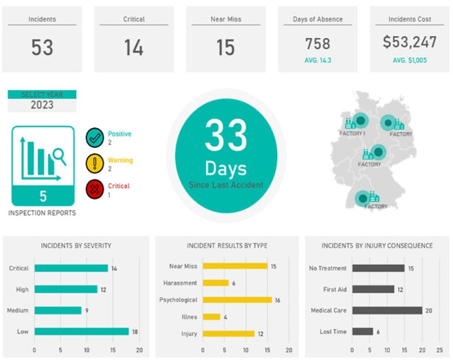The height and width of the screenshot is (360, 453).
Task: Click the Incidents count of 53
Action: (x=42, y=48)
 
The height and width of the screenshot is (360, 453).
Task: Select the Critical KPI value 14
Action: (x=133, y=48)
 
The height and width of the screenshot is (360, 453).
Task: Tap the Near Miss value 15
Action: (x=226, y=48)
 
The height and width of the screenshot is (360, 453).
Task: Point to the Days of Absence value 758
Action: (x=318, y=44)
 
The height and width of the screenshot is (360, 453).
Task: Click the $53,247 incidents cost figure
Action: (x=410, y=43)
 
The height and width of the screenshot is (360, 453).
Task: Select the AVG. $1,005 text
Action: (x=410, y=60)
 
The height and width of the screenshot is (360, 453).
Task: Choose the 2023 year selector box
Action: (x=42, y=105)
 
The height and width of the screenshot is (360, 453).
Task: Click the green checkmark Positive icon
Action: (x=95, y=137)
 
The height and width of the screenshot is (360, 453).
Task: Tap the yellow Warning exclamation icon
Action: (x=95, y=164)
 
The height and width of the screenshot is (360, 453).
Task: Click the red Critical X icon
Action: (x=95, y=190)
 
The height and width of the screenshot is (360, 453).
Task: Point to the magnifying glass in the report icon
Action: (x=59, y=156)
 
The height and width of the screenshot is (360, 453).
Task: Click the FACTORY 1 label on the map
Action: (x=352, y=134)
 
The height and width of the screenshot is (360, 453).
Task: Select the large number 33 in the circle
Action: (x=225, y=136)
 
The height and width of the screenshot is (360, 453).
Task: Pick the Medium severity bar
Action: (x=58, y=310)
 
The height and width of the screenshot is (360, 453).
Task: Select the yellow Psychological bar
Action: (x=237, y=300)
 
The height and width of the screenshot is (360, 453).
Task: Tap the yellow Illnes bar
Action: (x=211, y=317)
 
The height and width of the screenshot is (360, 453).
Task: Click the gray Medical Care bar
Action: (x=387, y=310)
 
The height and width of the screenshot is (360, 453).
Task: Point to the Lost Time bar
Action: (x=362, y=331)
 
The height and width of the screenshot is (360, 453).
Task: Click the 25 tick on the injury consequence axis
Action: (x=440, y=349)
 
